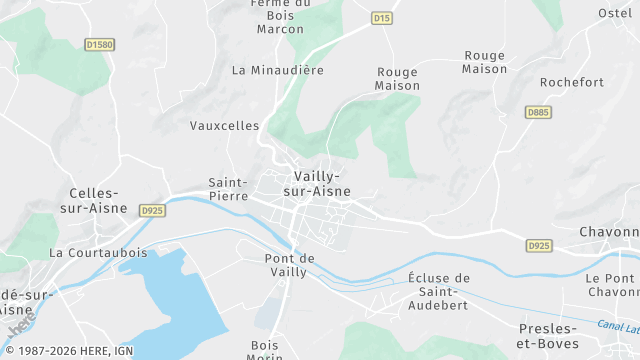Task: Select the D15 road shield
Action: pyautogui.click(x=381, y=18)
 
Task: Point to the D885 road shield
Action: pyautogui.click(x=538, y=112)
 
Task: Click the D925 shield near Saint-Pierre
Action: pyautogui.click(x=152, y=211)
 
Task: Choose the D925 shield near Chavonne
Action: pyautogui.click(x=539, y=245)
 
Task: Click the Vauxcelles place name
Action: pyautogui.click(x=224, y=126)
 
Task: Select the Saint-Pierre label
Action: pyautogui.click(x=228, y=189)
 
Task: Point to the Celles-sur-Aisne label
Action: pyautogui.click(x=95, y=200)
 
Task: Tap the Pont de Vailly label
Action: pyautogui.click(x=290, y=265)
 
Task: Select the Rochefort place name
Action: pyautogui.click(x=572, y=82)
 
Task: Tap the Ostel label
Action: pyautogui.click(x=616, y=12)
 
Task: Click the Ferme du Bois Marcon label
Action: pyautogui.click(x=280, y=15)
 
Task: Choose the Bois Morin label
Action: pyautogui.click(x=265, y=351)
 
